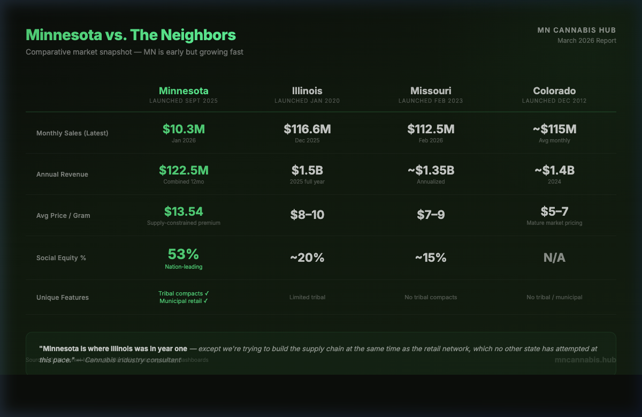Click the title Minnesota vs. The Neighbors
click(x=131, y=35)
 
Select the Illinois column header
click(x=307, y=91)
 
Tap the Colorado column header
click(x=554, y=91)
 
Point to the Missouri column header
click(x=431, y=91)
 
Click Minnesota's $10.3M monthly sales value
click(x=184, y=129)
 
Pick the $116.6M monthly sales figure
click(x=307, y=129)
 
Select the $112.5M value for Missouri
click(x=431, y=129)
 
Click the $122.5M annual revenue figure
click(x=184, y=170)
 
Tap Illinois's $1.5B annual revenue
click(x=307, y=170)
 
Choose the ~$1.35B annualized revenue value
click(x=431, y=170)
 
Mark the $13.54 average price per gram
click(x=184, y=211)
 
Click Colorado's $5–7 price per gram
click(x=554, y=211)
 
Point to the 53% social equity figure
click(x=184, y=254)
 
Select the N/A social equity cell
click(x=554, y=258)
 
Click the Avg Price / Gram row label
click(x=63, y=216)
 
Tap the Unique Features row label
click(x=63, y=298)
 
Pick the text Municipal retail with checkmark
click(x=184, y=301)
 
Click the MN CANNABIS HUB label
click(x=577, y=31)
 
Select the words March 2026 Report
click(x=586, y=41)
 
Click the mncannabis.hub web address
click(x=585, y=360)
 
